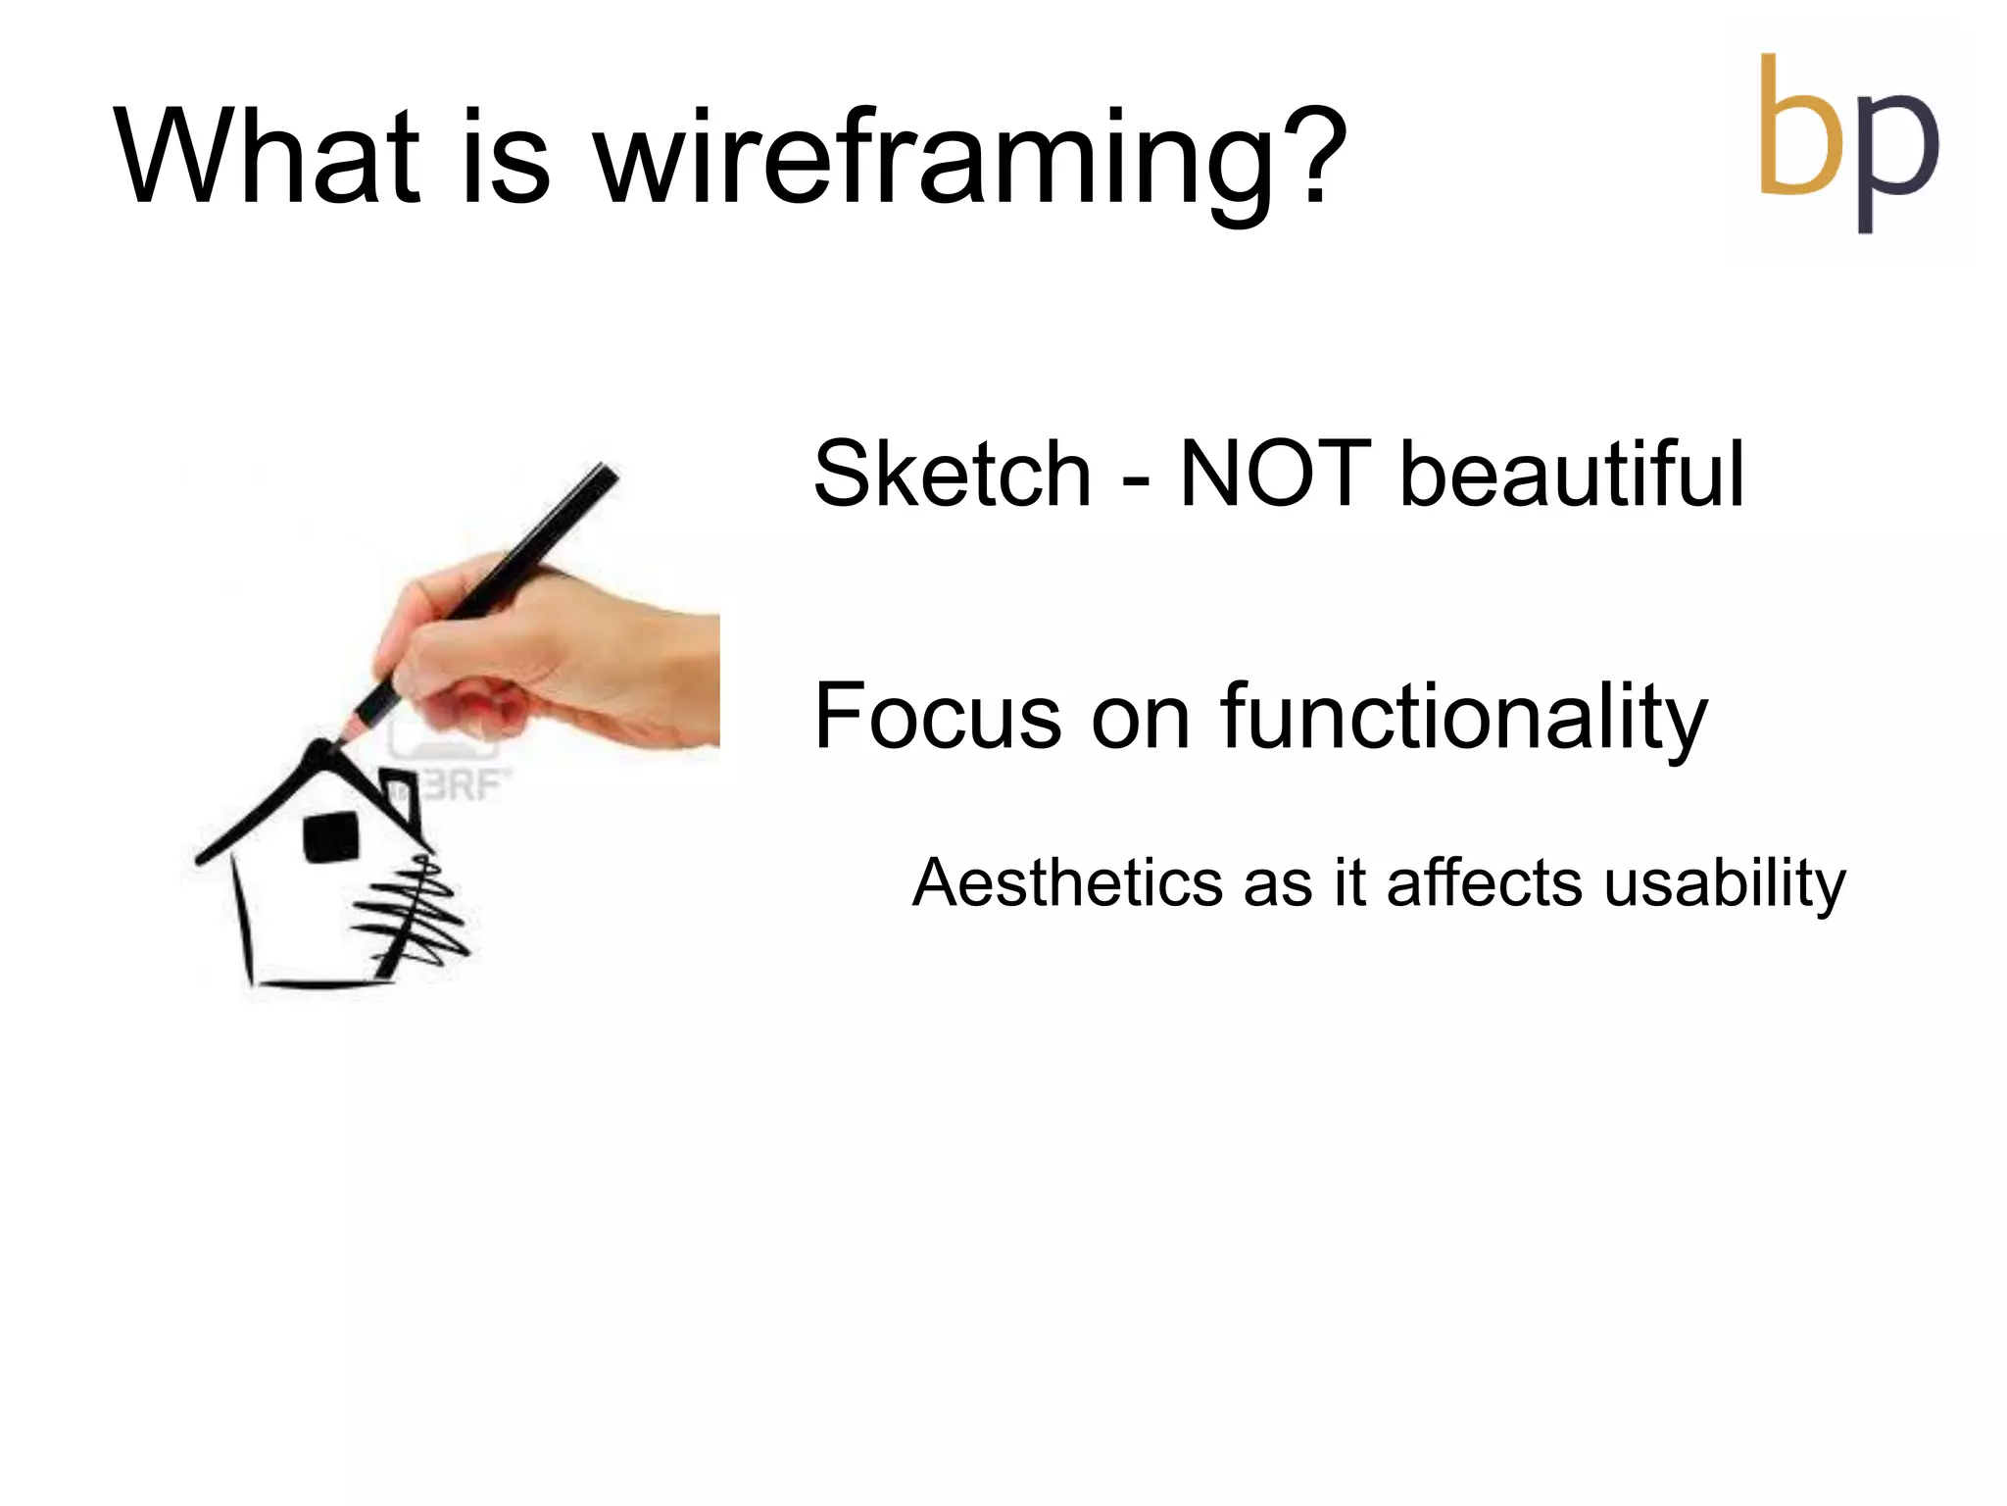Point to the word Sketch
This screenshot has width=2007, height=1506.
[952, 476]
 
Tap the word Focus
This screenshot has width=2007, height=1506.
[937, 718]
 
